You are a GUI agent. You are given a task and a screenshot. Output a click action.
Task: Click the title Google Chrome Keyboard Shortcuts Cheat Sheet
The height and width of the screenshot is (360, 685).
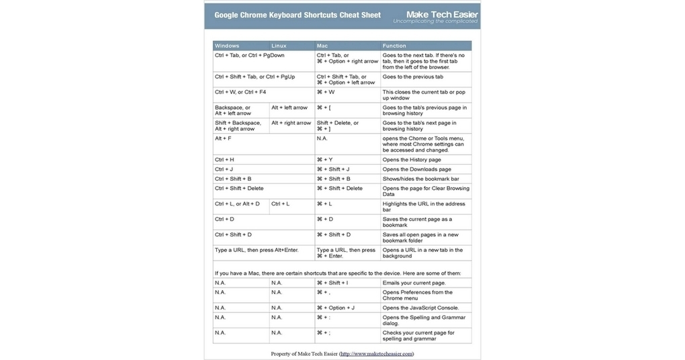point(298,15)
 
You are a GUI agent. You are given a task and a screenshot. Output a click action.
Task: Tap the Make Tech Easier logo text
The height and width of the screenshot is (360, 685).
point(441,14)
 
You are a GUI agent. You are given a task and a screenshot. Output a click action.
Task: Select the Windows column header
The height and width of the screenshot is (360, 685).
point(227,46)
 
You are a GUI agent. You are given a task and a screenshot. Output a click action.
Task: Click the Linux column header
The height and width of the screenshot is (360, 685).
point(279,46)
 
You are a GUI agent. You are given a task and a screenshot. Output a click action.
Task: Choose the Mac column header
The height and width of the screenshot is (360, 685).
point(322,46)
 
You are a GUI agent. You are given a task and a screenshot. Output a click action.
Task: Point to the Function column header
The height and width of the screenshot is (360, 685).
point(394,46)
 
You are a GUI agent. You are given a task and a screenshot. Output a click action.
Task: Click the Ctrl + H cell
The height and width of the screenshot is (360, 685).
point(224,160)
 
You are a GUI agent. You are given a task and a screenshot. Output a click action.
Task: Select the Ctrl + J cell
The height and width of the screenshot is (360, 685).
point(224,169)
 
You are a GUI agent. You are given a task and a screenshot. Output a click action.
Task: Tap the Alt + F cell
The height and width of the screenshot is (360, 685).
point(223,138)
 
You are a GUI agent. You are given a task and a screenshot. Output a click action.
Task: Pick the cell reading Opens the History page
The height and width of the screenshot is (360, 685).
point(412,160)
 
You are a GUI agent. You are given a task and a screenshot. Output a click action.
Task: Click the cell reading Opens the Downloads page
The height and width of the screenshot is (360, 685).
point(416,169)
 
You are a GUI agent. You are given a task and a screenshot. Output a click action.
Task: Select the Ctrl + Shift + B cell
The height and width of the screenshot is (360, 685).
point(233,179)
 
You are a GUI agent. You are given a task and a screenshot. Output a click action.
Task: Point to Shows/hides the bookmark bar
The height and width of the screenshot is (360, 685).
point(420,179)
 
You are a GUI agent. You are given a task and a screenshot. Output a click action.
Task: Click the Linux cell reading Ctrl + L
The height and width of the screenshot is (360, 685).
point(280,204)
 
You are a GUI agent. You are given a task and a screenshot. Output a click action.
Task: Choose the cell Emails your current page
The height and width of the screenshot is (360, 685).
point(414,283)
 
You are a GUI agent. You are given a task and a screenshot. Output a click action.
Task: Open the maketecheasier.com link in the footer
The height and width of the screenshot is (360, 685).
point(376,353)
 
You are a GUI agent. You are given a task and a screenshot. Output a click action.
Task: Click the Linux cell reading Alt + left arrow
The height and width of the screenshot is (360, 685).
point(289,107)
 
